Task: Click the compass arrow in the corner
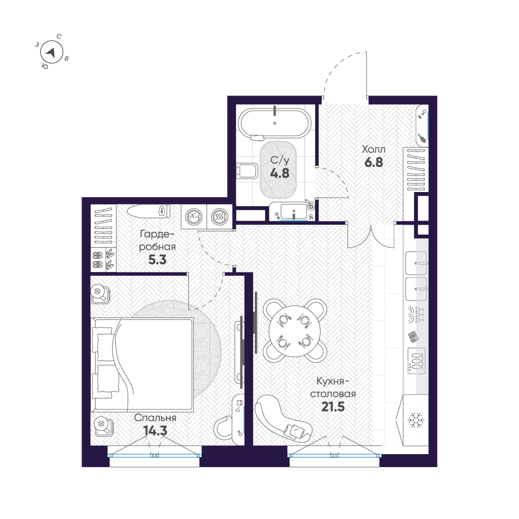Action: [51, 52]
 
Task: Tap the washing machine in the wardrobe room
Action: [194, 216]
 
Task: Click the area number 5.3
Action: [157, 260]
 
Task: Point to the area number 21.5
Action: [333, 406]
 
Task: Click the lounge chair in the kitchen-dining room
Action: [284, 416]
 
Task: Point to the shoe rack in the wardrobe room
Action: [103, 258]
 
